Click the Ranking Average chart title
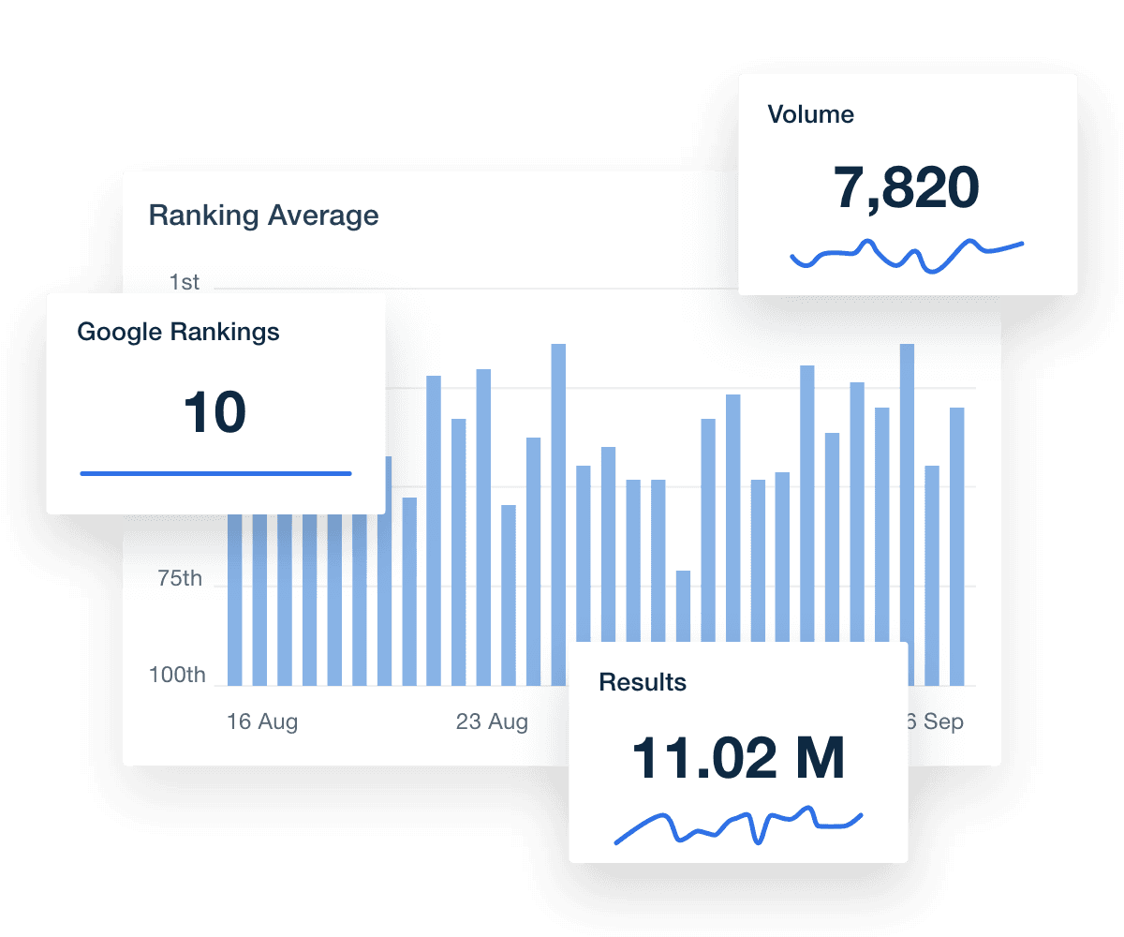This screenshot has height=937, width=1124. (x=263, y=216)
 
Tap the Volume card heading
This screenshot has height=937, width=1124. (x=810, y=115)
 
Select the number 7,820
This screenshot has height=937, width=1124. (x=906, y=187)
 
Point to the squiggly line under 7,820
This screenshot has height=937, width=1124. (x=906, y=253)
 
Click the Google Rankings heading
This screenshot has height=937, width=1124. (x=178, y=332)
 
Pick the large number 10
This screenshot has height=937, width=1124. (x=214, y=412)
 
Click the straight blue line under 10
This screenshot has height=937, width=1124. (x=215, y=473)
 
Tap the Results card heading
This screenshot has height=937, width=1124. (x=643, y=682)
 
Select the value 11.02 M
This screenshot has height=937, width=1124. (x=738, y=758)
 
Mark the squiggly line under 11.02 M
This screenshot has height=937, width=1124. (x=738, y=823)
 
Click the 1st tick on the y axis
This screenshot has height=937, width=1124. (x=185, y=282)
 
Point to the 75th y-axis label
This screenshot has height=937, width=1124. (x=179, y=578)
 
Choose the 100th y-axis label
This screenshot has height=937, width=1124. (x=177, y=675)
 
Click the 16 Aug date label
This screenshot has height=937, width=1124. (x=262, y=722)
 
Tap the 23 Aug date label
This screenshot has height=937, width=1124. (x=492, y=722)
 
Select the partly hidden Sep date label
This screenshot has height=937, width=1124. (x=936, y=722)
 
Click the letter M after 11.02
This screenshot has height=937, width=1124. (x=820, y=758)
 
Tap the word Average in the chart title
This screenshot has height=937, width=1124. (x=323, y=216)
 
